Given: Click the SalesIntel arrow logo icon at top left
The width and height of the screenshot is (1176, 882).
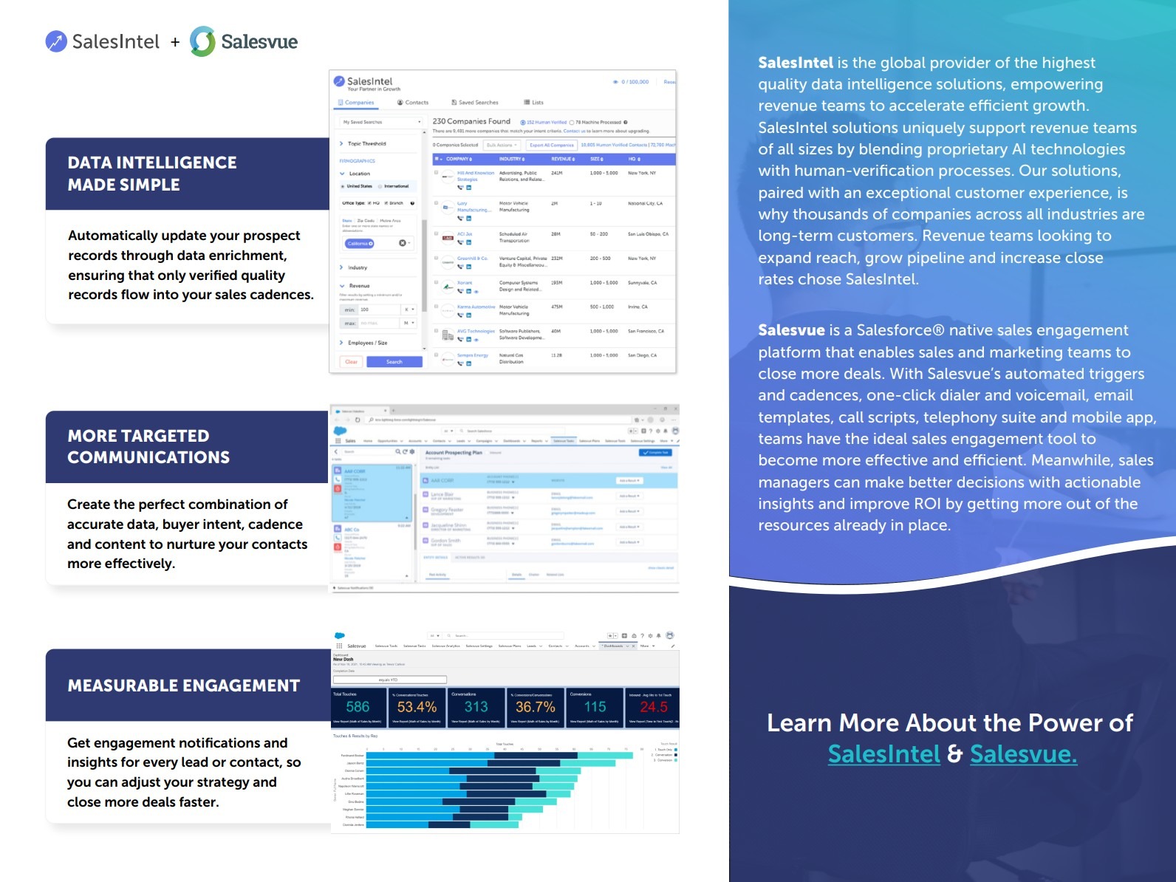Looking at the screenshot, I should click(x=56, y=41).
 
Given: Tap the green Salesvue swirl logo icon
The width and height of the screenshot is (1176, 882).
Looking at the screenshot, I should click(x=202, y=41).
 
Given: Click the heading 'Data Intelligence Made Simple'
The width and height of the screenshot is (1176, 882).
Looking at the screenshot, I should click(x=152, y=174).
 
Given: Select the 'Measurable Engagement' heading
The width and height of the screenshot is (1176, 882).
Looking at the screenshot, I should click(x=184, y=686).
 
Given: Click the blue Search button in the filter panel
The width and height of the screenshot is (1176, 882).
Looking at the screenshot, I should click(x=394, y=362).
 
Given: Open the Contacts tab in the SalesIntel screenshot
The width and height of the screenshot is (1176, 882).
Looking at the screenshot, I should click(x=413, y=103).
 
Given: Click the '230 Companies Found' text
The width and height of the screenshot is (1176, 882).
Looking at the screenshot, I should click(x=471, y=121).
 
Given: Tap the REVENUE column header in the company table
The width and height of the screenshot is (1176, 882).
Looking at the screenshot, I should click(x=563, y=159).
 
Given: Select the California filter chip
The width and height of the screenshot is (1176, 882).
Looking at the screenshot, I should click(x=360, y=244).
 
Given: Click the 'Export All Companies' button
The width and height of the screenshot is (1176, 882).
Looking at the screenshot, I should click(x=551, y=146).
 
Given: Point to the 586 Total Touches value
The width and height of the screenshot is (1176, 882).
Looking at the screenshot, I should click(x=358, y=707).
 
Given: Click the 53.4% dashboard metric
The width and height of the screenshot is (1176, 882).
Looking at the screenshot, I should click(x=417, y=707).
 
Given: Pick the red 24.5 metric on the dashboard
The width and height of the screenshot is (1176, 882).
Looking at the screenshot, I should click(x=653, y=707).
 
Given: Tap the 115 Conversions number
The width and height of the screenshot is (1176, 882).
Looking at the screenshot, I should click(x=595, y=707).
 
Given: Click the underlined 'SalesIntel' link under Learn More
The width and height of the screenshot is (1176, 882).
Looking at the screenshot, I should click(x=883, y=754).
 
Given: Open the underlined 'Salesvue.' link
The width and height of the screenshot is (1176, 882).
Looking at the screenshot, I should click(x=1023, y=754).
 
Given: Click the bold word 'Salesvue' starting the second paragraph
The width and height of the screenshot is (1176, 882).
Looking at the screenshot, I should click(x=791, y=330).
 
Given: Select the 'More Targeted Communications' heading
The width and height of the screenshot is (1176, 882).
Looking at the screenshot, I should click(x=148, y=447).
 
